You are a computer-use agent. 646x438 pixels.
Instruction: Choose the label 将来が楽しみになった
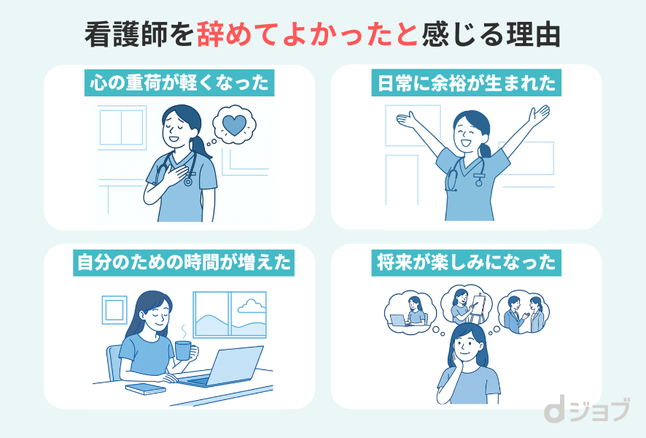(x=467, y=261)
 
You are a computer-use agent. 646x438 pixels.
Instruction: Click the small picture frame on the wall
(x=114, y=308)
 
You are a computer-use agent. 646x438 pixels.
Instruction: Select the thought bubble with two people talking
(x=524, y=312)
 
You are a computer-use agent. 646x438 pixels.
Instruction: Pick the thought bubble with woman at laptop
(x=410, y=310)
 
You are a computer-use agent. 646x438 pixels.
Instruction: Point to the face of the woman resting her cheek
(x=467, y=343)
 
